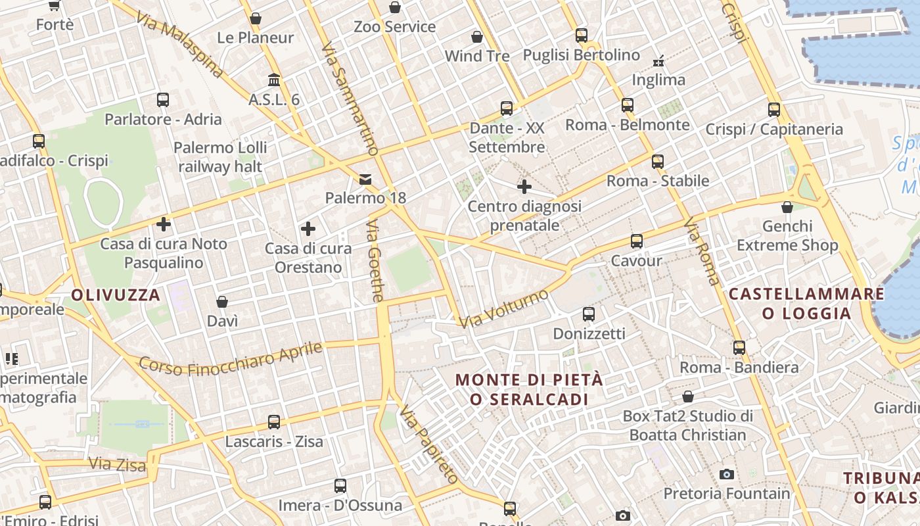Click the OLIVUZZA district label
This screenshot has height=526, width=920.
click(116, 295)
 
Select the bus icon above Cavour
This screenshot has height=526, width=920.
click(636, 241)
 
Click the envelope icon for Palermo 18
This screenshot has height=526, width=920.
click(365, 179)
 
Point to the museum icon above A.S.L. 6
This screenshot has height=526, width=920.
click(274, 80)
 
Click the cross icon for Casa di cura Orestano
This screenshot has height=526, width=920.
click(308, 229)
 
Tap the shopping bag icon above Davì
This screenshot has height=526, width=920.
click(222, 302)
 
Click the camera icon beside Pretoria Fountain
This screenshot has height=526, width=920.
click(726, 474)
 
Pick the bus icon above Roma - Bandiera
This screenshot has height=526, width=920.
click(739, 348)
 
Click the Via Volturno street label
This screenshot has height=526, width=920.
click(504, 308)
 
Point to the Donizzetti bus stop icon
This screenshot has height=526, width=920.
click(588, 314)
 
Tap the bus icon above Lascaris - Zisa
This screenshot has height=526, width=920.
click(274, 422)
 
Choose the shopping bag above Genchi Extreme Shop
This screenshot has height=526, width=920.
click(787, 208)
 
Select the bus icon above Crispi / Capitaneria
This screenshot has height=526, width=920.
click(774, 110)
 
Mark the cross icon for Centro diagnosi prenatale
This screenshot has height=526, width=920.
click(524, 187)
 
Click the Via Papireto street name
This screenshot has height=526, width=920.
click(428, 445)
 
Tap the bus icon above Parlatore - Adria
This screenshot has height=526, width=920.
click(163, 100)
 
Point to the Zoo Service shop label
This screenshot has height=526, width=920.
click(394, 27)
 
